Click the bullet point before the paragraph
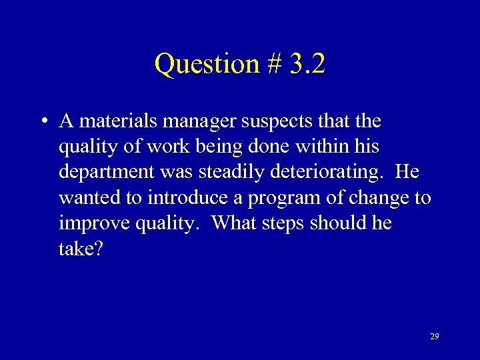[x=42, y=121]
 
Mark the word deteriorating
[x=325, y=172]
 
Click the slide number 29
[x=435, y=337]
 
